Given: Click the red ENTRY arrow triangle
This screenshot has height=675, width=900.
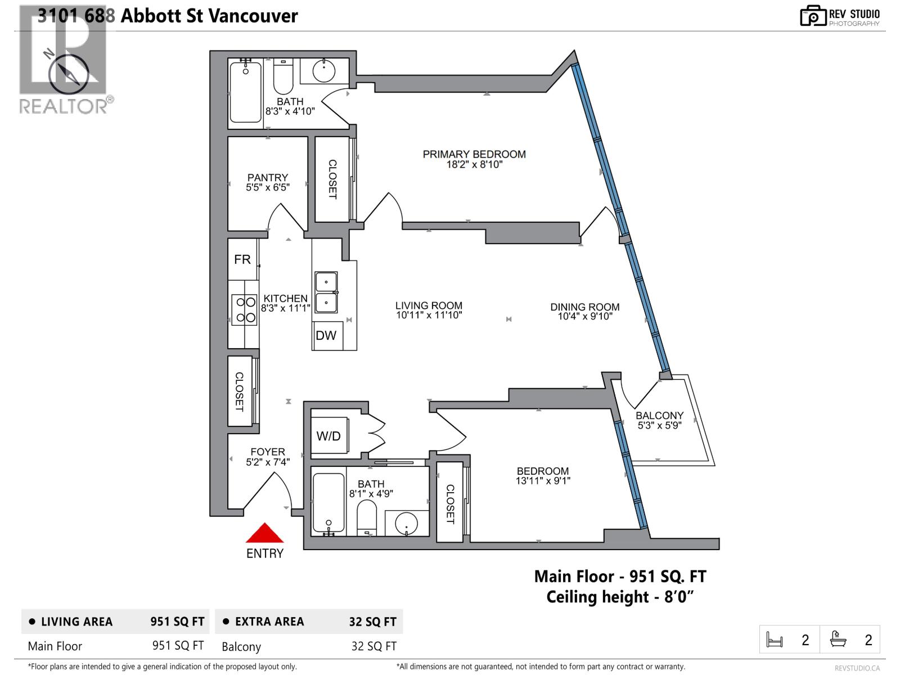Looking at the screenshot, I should coord(264,534).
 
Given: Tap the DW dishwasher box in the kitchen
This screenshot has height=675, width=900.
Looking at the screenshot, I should coord(326,336).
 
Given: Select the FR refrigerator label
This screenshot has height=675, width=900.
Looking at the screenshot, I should coord(242,259).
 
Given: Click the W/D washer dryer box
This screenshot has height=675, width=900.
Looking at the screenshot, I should coord(328,436).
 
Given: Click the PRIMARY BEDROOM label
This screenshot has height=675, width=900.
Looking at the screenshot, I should coord(474,154).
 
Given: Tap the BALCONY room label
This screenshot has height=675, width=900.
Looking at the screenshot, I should coord(659,416).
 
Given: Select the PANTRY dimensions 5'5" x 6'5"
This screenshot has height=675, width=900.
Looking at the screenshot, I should coord(268,187).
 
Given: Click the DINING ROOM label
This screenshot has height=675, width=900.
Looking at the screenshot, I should coord(585,307).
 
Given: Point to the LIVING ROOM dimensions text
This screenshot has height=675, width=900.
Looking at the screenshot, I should coord(429,316).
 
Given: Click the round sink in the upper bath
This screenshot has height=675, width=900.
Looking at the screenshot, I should coord(323,71).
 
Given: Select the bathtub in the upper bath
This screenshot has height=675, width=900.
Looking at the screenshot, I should coord(246,92).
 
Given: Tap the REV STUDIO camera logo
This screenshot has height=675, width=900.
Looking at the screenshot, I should coord(813,16).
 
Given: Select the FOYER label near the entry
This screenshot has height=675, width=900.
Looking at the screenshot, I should coord(268,452).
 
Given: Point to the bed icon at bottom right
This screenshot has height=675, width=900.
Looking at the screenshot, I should coord(775,640).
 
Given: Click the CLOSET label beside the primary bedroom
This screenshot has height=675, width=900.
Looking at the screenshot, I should coord(332,179).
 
